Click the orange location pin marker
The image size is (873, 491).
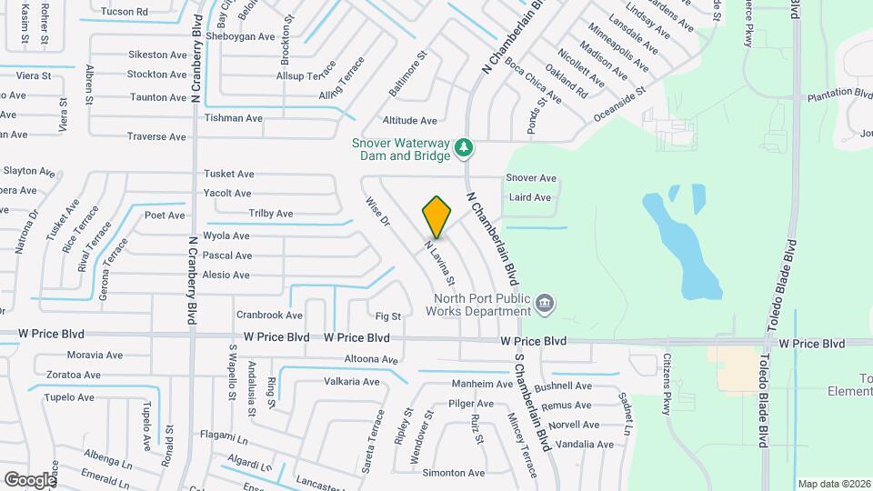coord(436,217)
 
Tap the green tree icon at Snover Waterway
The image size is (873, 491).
coord(464,145)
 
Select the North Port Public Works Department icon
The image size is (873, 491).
coord(544,303)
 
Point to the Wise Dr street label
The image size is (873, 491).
coord(377,211)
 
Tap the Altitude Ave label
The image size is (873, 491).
coord(410,120)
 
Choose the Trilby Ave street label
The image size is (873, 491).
coord(271,214)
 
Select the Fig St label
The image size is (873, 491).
coord(388,316)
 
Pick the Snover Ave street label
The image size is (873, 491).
coord(531,178)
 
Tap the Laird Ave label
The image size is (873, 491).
coord(530,197)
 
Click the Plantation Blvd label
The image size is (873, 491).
coord(839,93)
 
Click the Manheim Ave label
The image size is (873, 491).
coord(483,384)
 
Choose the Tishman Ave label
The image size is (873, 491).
coord(234,118)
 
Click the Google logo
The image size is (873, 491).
coord(30,479)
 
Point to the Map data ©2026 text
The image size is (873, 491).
coord(834,484)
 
